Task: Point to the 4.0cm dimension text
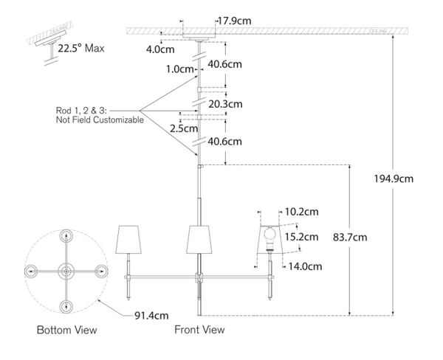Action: pos(159,50)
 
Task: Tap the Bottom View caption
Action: pos(66,330)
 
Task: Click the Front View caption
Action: pos(199,330)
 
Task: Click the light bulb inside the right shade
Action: pos(270,238)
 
